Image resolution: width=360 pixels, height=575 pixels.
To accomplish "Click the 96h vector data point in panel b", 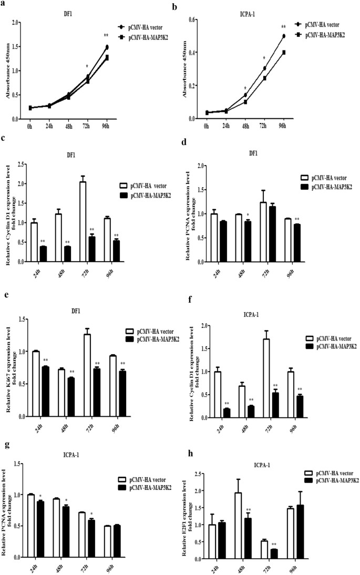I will click(x=284, y=36).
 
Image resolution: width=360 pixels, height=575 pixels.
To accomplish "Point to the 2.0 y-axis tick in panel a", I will click(x=16, y=23).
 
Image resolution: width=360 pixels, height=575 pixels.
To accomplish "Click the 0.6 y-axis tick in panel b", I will click(x=193, y=19).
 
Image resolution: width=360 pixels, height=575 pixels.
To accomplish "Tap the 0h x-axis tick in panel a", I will click(x=30, y=126).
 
